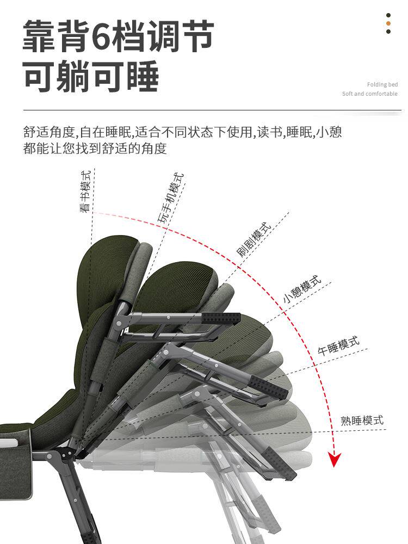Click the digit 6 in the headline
coord(102,36)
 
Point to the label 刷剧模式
coord(254,240)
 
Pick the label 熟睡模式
coord(362,420)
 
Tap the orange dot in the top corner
coord(388,23)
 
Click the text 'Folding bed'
coord(382,84)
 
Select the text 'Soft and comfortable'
coord(369,94)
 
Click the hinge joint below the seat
coord(64,455)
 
